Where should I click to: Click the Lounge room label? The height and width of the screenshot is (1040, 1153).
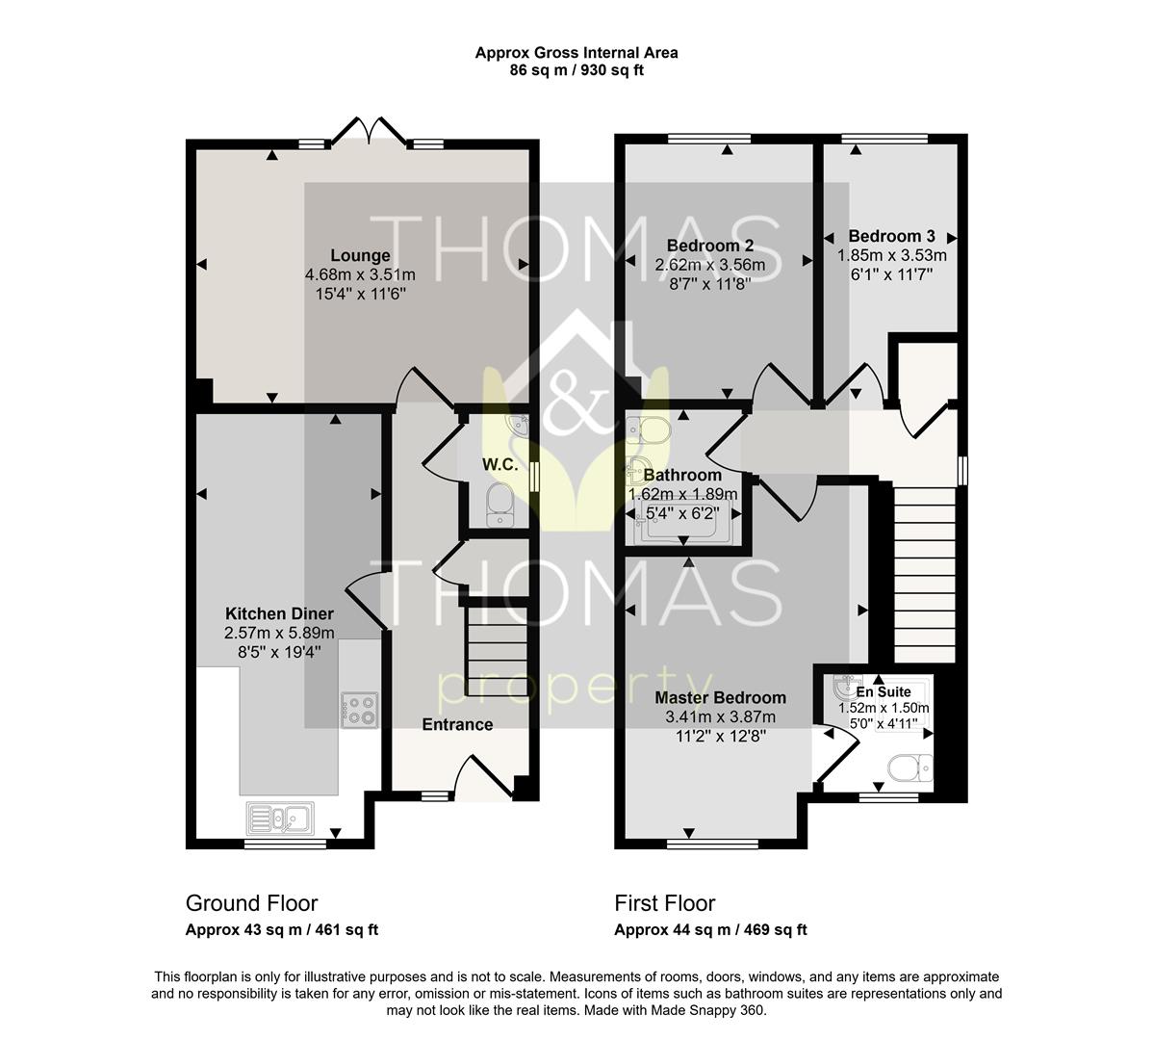coord(360,255)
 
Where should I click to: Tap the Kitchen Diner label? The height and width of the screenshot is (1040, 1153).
coord(279,613)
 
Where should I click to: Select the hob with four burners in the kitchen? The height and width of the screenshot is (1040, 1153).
coord(360,710)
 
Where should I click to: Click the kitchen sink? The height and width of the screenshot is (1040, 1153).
coord(280,818)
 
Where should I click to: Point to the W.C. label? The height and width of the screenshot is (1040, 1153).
coord(500,464)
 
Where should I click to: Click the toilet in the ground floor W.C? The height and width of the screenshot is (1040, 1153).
coord(500,506)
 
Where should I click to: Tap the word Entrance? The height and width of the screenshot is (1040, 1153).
coord(457,724)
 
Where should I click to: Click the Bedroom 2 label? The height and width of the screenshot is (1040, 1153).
coord(710,246)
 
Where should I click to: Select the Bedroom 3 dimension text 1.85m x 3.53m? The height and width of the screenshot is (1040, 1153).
coord(892,255)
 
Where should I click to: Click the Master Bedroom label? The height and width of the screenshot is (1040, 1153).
coord(721,697)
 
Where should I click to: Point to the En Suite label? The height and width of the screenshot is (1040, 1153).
coord(884,691)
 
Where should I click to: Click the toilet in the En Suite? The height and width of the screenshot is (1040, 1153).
coord(910,768)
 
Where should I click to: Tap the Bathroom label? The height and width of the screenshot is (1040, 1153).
coord(682,475)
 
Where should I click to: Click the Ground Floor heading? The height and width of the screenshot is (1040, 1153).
coord(251,903)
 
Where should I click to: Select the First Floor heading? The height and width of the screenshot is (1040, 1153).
coord(665,903)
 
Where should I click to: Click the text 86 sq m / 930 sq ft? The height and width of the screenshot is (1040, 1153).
coord(576,70)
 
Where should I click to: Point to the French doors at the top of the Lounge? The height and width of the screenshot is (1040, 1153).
coord(369,130)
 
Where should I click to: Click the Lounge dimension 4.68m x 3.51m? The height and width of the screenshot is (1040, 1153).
coord(360,275)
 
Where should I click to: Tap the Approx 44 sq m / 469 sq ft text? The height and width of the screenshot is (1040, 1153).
coord(710,929)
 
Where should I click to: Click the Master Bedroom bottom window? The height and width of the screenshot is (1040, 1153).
coord(712,844)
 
